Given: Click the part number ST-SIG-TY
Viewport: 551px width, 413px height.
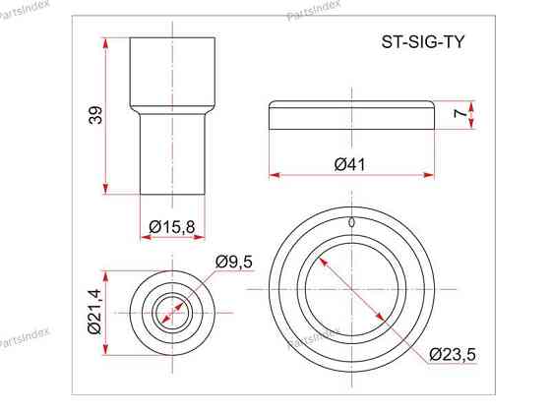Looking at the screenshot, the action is (x=423, y=42).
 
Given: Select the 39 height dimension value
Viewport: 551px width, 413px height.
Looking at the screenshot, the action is (x=95, y=115).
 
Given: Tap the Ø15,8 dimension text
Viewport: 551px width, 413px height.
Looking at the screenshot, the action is (x=172, y=227).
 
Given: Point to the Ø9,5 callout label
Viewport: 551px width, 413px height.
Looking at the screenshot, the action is (x=234, y=262).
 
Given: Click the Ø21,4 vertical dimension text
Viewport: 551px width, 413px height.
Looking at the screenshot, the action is (x=94, y=312).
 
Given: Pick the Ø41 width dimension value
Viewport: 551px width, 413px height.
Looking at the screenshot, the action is (x=350, y=165).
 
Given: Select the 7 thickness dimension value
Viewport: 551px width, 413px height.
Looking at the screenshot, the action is (x=460, y=113).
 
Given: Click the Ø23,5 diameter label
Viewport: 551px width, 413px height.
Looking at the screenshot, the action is (x=453, y=354).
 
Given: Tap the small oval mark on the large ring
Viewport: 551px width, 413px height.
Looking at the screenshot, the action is (x=351, y=222).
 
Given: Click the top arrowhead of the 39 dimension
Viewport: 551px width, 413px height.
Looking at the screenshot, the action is (x=105, y=42).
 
